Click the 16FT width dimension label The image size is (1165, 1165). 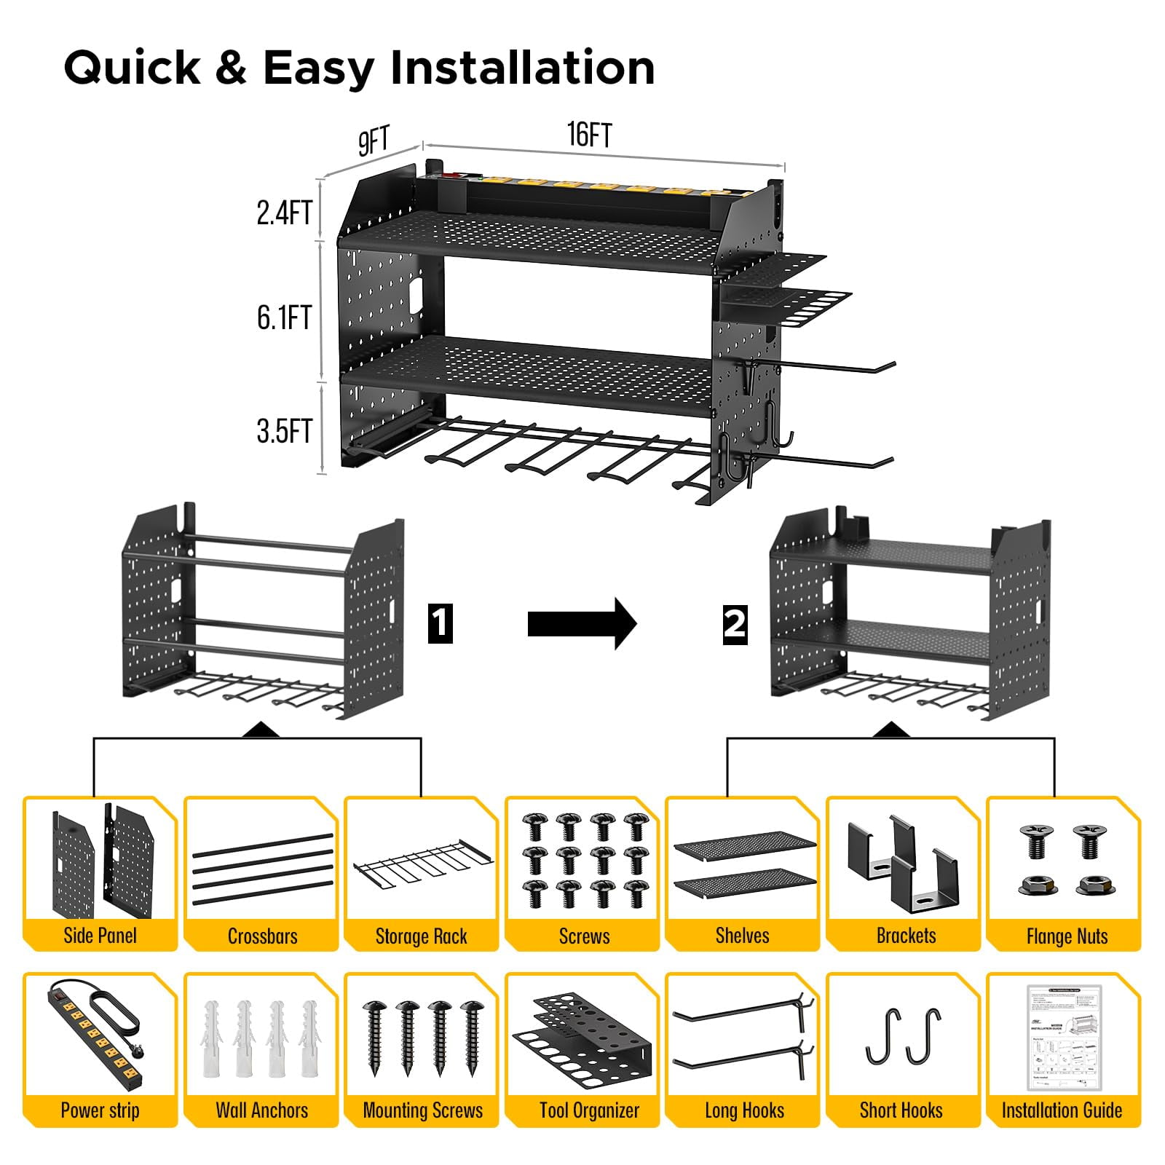click(x=589, y=135)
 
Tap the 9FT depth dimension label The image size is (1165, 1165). click(x=374, y=141)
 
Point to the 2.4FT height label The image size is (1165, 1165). click(x=284, y=213)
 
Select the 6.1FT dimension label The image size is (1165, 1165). click(x=284, y=318)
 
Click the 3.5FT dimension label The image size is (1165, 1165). click(x=284, y=432)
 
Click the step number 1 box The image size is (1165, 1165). click(x=440, y=623)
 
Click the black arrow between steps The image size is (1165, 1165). click(x=582, y=623)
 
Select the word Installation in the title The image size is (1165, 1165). click(x=522, y=68)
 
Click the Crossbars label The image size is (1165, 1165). click(x=262, y=936)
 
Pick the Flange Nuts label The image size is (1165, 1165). click(x=1067, y=936)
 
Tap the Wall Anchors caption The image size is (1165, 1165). click(x=262, y=1110)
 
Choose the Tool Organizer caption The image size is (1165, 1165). click(x=589, y=1110)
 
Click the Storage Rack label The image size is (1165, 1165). click(x=421, y=936)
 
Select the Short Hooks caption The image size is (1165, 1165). click(x=901, y=1110)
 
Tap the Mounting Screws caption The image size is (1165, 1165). click(x=422, y=1110)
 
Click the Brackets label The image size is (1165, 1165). click(x=906, y=936)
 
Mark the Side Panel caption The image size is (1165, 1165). click(x=100, y=936)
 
